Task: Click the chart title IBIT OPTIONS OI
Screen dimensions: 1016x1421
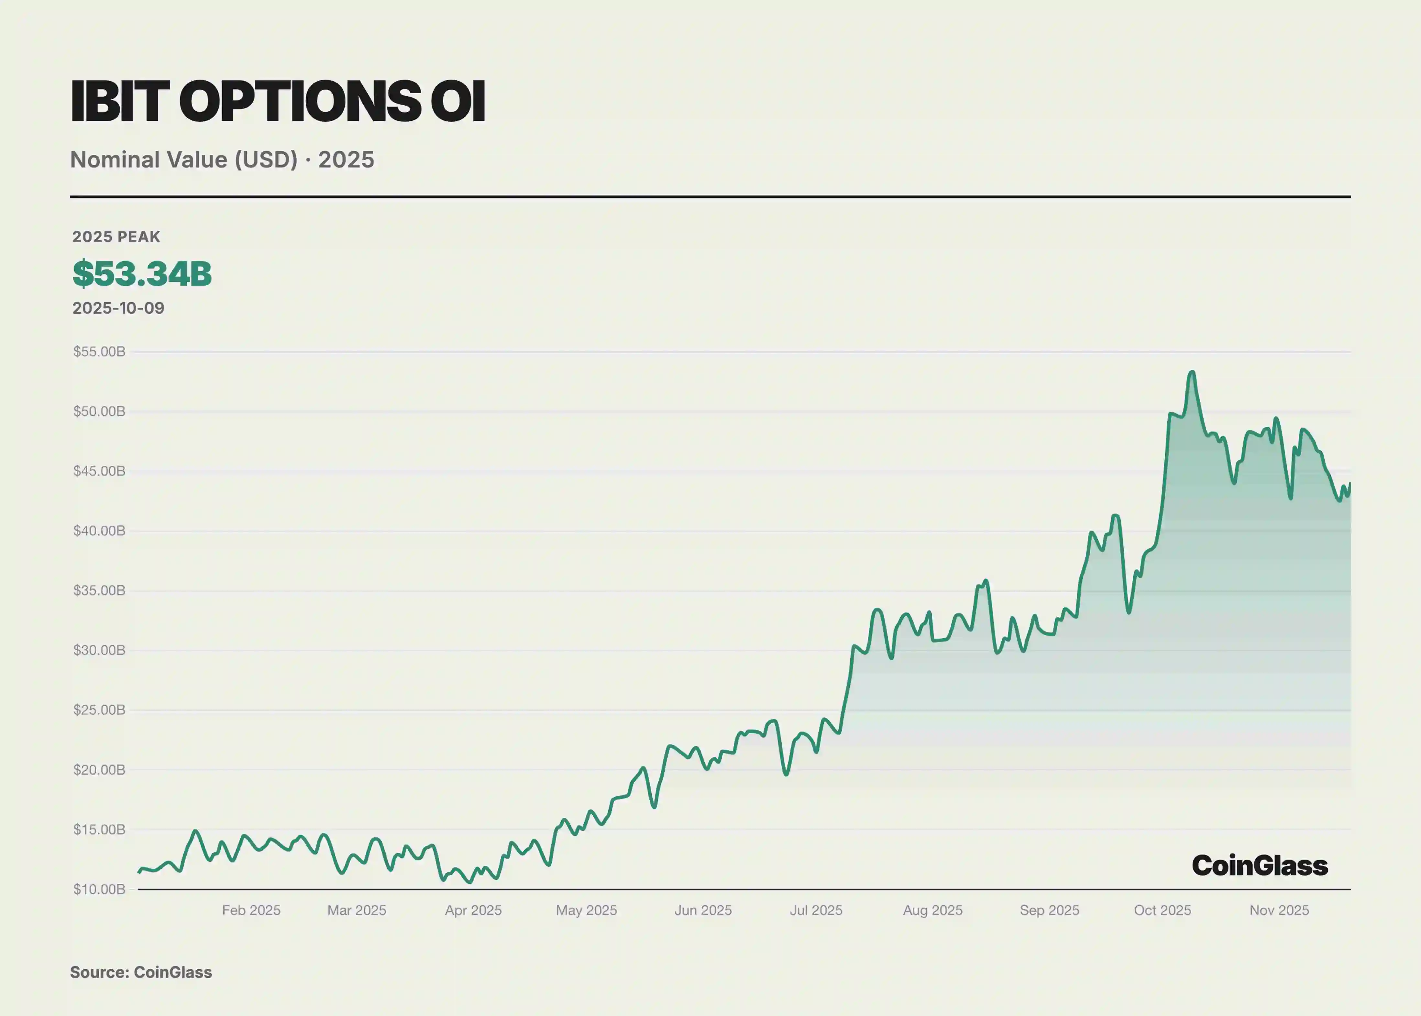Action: click(x=278, y=101)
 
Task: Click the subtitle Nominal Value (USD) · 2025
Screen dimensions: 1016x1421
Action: click(x=222, y=160)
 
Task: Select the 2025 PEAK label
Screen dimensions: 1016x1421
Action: click(x=116, y=237)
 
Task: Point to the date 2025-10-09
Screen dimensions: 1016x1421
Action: click(x=118, y=308)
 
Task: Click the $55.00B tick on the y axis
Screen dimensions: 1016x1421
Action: click(x=99, y=352)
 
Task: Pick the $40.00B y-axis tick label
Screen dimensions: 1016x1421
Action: click(x=99, y=530)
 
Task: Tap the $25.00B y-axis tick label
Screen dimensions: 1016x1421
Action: click(x=99, y=709)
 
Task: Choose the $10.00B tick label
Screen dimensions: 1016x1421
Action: click(x=99, y=889)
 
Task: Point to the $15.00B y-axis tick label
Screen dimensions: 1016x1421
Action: click(x=99, y=830)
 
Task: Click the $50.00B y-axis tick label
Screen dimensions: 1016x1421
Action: click(x=99, y=411)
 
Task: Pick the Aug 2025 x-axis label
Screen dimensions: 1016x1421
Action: click(x=932, y=910)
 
